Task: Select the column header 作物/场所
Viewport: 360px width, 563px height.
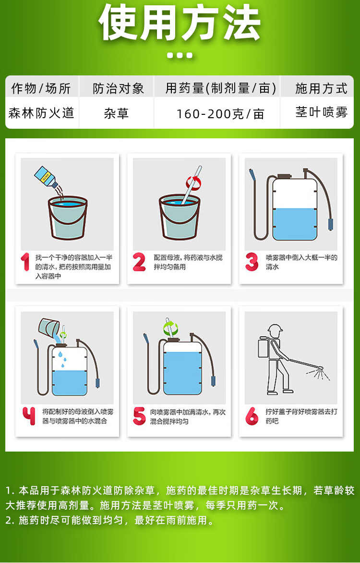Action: pyautogui.click(x=41, y=88)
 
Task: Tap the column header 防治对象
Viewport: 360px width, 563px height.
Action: pyautogui.click(x=118, y=88)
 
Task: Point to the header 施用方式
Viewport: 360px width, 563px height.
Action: pyautogui.click(x=321, y=88)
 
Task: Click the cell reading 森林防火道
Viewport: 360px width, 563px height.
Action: pyautogui.click(x=41, y=113)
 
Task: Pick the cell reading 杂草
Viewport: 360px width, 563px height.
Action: pyautogui.click(x=116, y=113)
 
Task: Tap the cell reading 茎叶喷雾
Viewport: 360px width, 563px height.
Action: pyautogui.click(x=321, y=112)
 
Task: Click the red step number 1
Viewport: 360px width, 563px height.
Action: pyautogui.click(x=25, y=262)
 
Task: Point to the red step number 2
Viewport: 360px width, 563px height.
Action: pyautogui.click(x=139, y=262)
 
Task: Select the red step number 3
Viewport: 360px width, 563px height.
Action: pyautogui.click(x=252, y=262)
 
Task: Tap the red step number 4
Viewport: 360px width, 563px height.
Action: pyautogui.click(x=29, y=416)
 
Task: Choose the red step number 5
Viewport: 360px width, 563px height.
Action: pyautogui.click(x=139, y=416)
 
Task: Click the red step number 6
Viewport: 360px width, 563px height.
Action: pyautogui.click(x=252, y=416)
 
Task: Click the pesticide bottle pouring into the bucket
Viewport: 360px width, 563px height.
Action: pyautogui.click(x=46, y=177)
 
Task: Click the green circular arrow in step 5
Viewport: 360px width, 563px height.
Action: pyautogui.click(x=170, y=328)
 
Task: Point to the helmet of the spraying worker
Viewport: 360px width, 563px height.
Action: pyautogui.click(x=275, y=328)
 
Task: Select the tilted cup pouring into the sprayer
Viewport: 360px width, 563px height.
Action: pyautogui.click(x=49, y=327)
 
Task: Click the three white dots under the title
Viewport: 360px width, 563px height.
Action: pyautogui.click(x=180, y=55)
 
